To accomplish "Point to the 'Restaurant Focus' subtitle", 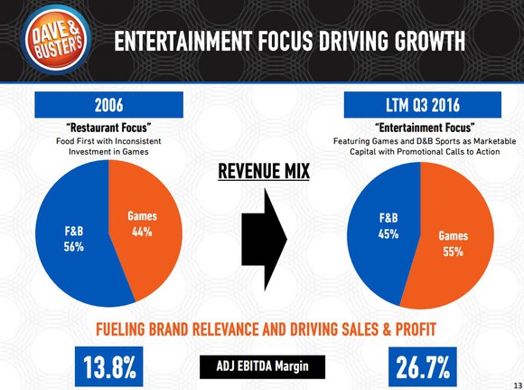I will coord(108,127).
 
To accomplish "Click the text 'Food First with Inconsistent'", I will coord(108,141).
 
